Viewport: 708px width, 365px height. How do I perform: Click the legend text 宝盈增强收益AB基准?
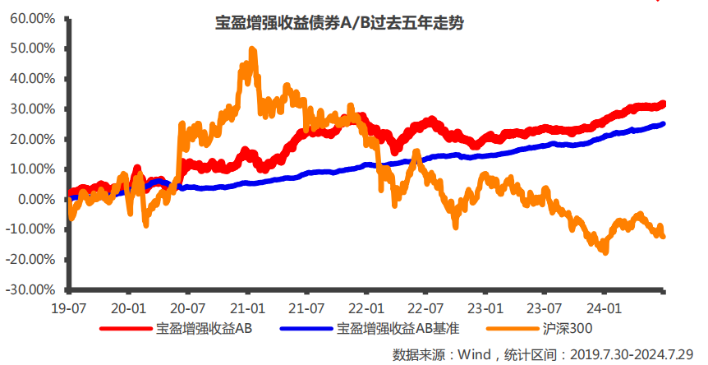point(398,330)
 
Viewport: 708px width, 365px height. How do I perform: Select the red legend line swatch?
point(126,330)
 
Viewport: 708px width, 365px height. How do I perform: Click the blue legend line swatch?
point(306,330)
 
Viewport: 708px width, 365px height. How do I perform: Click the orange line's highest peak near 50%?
point(252,50)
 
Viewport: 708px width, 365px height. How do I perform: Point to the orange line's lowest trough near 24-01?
point(605,252)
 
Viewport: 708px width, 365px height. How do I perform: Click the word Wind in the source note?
point(471,354)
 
